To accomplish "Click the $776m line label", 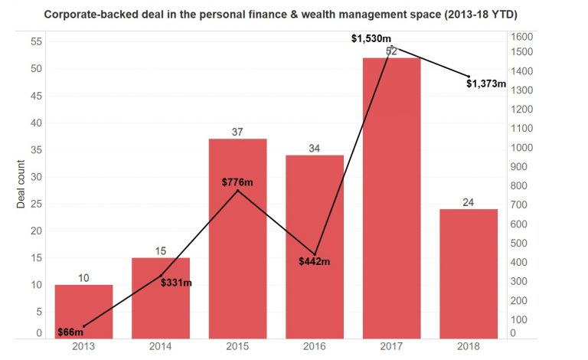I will pos(237,182).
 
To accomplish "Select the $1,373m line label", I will pos(486,83).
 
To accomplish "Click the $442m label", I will pos(315,261).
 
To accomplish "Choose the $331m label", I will pos(176,283).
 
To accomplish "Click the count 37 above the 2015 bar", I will pos(237,132).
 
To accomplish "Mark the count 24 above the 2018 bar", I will pos(469,202).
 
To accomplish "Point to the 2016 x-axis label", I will pos(315,347).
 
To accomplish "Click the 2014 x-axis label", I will pos(161,347).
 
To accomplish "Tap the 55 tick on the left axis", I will pos(36,41).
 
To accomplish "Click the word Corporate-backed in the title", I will pos(85,15).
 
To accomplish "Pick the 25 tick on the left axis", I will pos(36,203).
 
